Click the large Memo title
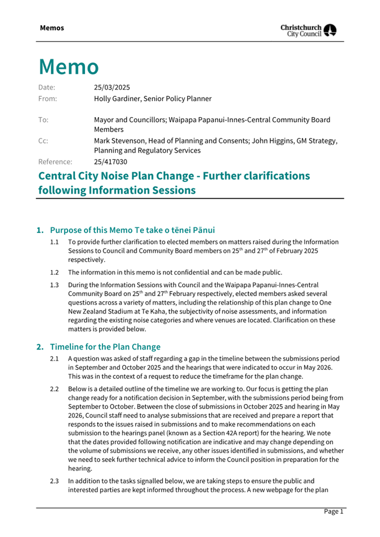click(x=69, y=67)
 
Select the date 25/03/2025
click(x=111, y=87)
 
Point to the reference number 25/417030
click(x=111, y=162)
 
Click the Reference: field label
click(x=55, y=162)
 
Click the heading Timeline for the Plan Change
click(x=105, y=346)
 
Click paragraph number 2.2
click(x=55, y=389)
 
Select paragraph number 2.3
click(x=55, y=481)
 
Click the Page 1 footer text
click(x=333, y=511)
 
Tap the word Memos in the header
click(x=52, y=28)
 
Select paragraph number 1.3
click(x=55, y=285)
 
